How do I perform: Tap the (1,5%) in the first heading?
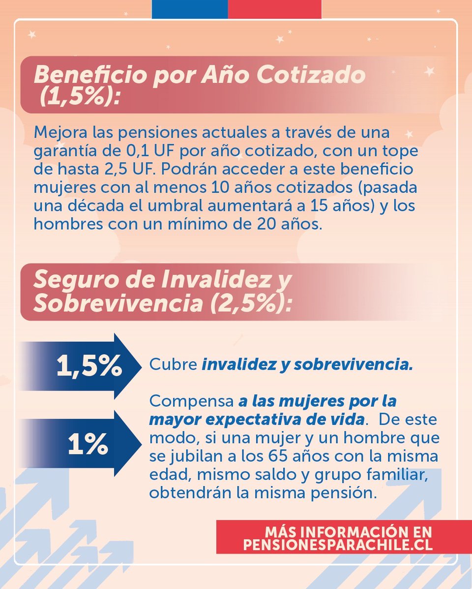[x=80, y=97]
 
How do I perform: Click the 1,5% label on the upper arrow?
[x=89, y=366]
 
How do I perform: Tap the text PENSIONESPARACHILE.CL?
[x=338, y=545]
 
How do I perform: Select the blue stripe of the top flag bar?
[x=189, y=9]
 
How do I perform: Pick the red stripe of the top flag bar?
[x=274, y=9]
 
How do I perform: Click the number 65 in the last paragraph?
[x=282, y=456]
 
